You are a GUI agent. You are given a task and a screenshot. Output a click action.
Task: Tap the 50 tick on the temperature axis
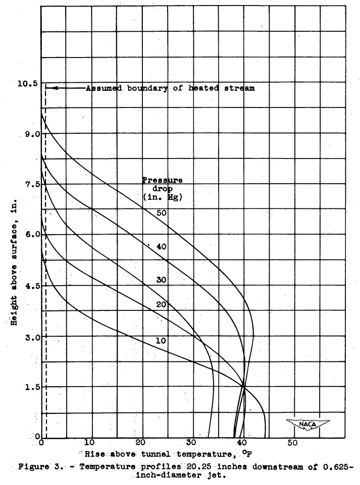pyautogui.click(x=293, y=443)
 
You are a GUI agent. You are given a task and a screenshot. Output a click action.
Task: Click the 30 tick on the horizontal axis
pyautogui.click(x=192, y=443)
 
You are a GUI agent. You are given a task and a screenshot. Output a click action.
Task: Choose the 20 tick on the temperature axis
pyautogui.click(x=142, y=443)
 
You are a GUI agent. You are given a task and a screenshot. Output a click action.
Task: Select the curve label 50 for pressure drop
pyautogui.click(x=161, y=213)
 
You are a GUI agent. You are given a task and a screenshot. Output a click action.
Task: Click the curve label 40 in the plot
pyautogui.click(x=161, y=247)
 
